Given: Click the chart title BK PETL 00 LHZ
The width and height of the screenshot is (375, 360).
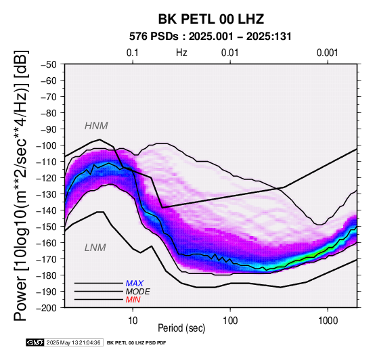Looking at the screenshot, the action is (211, 19).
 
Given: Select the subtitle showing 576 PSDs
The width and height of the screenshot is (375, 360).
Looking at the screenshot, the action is (211, 37).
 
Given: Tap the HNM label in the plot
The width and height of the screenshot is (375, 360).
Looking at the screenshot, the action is (96, 126).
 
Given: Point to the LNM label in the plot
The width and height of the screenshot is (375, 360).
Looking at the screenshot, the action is (95, 248).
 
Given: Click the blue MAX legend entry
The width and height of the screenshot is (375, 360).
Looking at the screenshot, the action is (135, 284).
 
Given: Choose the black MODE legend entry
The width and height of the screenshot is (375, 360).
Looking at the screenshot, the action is (138, 292).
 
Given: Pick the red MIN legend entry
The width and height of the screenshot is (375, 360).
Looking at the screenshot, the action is (133, 300).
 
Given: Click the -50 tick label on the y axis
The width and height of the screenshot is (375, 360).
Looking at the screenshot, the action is (48, 64).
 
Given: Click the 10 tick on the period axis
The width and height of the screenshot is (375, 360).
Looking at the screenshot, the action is (133, 321).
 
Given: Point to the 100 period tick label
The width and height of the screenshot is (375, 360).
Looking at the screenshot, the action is (230, 321).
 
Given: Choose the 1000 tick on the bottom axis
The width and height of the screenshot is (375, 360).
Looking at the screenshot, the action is (328, 321).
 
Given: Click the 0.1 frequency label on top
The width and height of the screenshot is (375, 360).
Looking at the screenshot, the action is (133, 53).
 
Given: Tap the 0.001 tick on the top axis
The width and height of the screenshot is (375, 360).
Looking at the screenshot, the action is (327, 53).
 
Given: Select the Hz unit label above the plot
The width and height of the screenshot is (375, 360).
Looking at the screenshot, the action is (181, 53).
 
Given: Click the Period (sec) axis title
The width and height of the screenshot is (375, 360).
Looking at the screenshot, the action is (181, 328).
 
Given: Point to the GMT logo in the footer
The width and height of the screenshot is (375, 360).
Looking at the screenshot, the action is (35, 342).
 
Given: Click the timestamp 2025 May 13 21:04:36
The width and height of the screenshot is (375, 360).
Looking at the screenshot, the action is (74, 342).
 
